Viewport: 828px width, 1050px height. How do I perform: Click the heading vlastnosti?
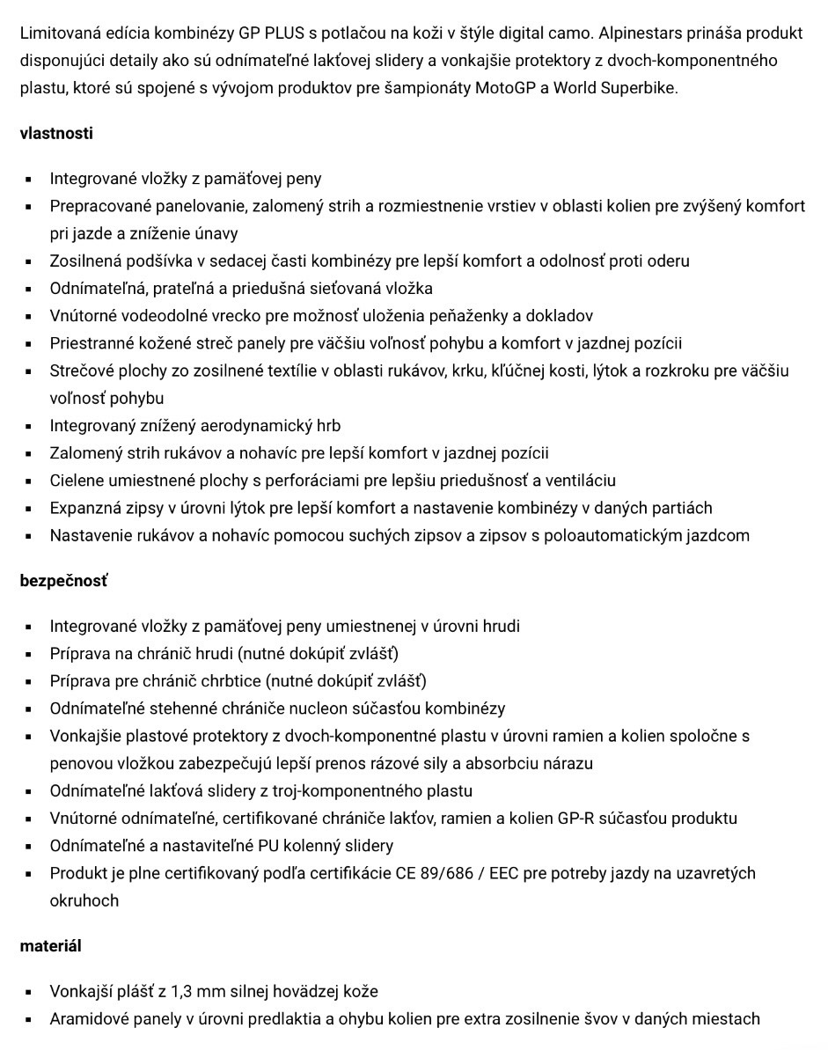point(56,134)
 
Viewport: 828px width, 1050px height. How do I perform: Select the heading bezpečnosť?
point(63,581)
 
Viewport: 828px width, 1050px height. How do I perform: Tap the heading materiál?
point(50,946)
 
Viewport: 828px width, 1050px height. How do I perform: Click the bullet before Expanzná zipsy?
point(29,509)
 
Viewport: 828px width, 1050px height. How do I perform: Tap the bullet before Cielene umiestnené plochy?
point(29,481)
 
